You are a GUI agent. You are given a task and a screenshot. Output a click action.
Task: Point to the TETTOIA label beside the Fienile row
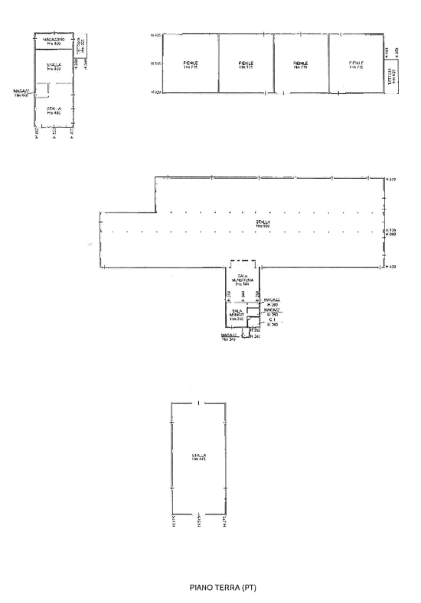[x=391, y=79]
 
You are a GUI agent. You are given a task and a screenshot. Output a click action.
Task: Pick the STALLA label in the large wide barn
[x=263, y=224]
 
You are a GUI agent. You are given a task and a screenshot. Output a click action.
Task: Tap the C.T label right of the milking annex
[x=272, y=320]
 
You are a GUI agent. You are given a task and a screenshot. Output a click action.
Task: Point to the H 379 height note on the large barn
[x=390, y=180]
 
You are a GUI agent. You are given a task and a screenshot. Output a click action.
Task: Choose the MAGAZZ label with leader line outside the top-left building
[x=21, y=92]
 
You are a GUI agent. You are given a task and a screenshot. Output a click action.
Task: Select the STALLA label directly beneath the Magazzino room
[x=54, y=66]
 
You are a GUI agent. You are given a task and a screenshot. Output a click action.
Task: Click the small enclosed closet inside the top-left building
[x=44, y=91]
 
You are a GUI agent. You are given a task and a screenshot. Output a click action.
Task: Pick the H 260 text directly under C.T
[x=272, y=326]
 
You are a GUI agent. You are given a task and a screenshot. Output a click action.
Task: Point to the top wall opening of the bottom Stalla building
[x=198, y=403]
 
